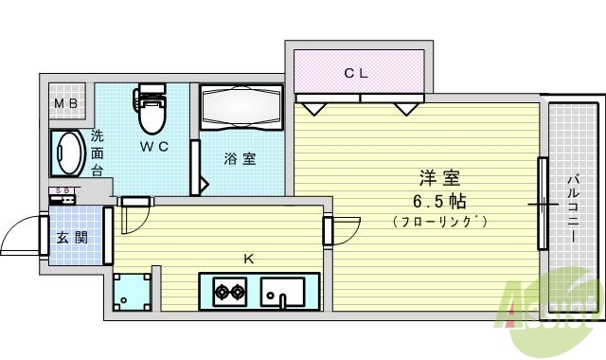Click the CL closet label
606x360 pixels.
pos(356,71)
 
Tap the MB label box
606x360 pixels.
pos(66,103)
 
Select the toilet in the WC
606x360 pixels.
pos(150,111)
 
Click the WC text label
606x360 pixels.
pos(154,146)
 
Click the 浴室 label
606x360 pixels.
pos(240,158)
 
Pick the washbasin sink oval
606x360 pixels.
pos(67,153)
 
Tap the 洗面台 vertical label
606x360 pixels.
pos(97,153)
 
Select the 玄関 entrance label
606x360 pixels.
pos(75,237)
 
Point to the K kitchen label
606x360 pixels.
pos(249,257)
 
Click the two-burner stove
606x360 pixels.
pos(227,292)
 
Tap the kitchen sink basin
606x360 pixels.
pos(290,292)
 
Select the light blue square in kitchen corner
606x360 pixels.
pos(132,292)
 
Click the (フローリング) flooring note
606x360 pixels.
pos(440,223)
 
